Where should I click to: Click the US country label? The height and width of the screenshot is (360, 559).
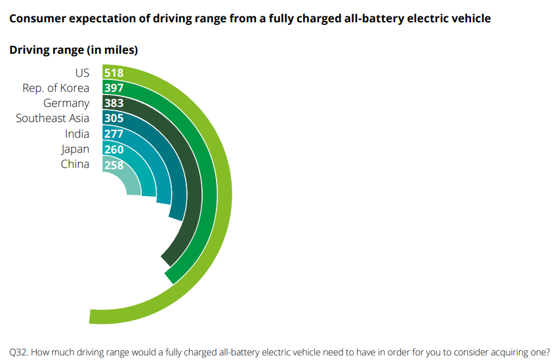(x=82, y=73)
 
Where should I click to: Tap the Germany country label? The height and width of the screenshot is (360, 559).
(x=66, y=103)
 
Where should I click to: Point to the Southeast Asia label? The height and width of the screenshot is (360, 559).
(x=52, y=118)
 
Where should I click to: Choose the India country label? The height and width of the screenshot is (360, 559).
(x=77, y=134)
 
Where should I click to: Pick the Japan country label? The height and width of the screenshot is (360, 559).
(x=75, y=149)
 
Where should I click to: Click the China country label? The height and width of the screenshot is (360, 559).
(x=75, y=164)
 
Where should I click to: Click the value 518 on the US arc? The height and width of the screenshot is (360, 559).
(x=114, y=73)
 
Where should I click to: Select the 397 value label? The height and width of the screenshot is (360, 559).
(x=114, y=88)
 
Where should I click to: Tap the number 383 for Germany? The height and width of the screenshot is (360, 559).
(x=114, y=103)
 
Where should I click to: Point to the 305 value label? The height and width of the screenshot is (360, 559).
(x=114, y=119)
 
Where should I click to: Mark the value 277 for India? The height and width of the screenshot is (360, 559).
(x=114, y=134)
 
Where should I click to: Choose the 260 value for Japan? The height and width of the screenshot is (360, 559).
(x=114, y=150)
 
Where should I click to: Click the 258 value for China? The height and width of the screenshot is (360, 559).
(x=114, y=165)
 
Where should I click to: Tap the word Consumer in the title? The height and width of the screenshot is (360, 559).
(x=37, y=18)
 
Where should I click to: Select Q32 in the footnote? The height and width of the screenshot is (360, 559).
(x=18, y=351)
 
